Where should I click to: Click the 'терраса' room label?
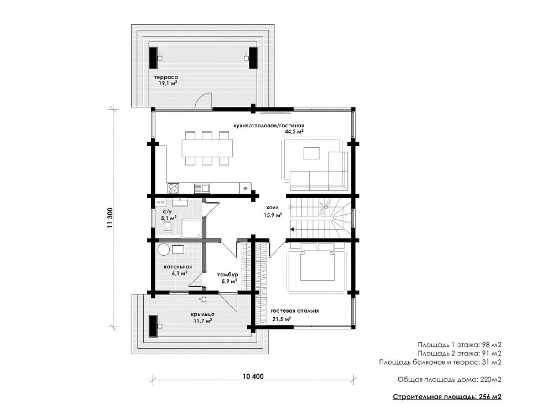click(x=166, y=77)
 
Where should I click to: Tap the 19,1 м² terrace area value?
click(x=168, y=84)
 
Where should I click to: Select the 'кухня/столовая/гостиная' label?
click(x=268, y=125)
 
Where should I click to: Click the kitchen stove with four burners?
click(x=173, y=188)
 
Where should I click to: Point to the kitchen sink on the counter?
click(x=202, y=188)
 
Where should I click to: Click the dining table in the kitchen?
click(x=207, y=148)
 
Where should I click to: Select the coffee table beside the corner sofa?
click(x=311, y=153)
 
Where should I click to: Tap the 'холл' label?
click(x=272, y=208)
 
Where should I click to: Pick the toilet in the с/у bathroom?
click(x=168, y=227)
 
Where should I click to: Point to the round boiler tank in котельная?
click(x=164, y=250)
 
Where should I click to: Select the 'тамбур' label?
click(x=227, y=275)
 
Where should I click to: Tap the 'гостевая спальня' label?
click(x=295, y=311)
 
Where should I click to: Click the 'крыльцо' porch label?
click(x=203, y=314)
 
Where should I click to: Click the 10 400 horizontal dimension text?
click(x=253, y=376)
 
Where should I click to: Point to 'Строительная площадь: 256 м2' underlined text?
click(x=447, y=397)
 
